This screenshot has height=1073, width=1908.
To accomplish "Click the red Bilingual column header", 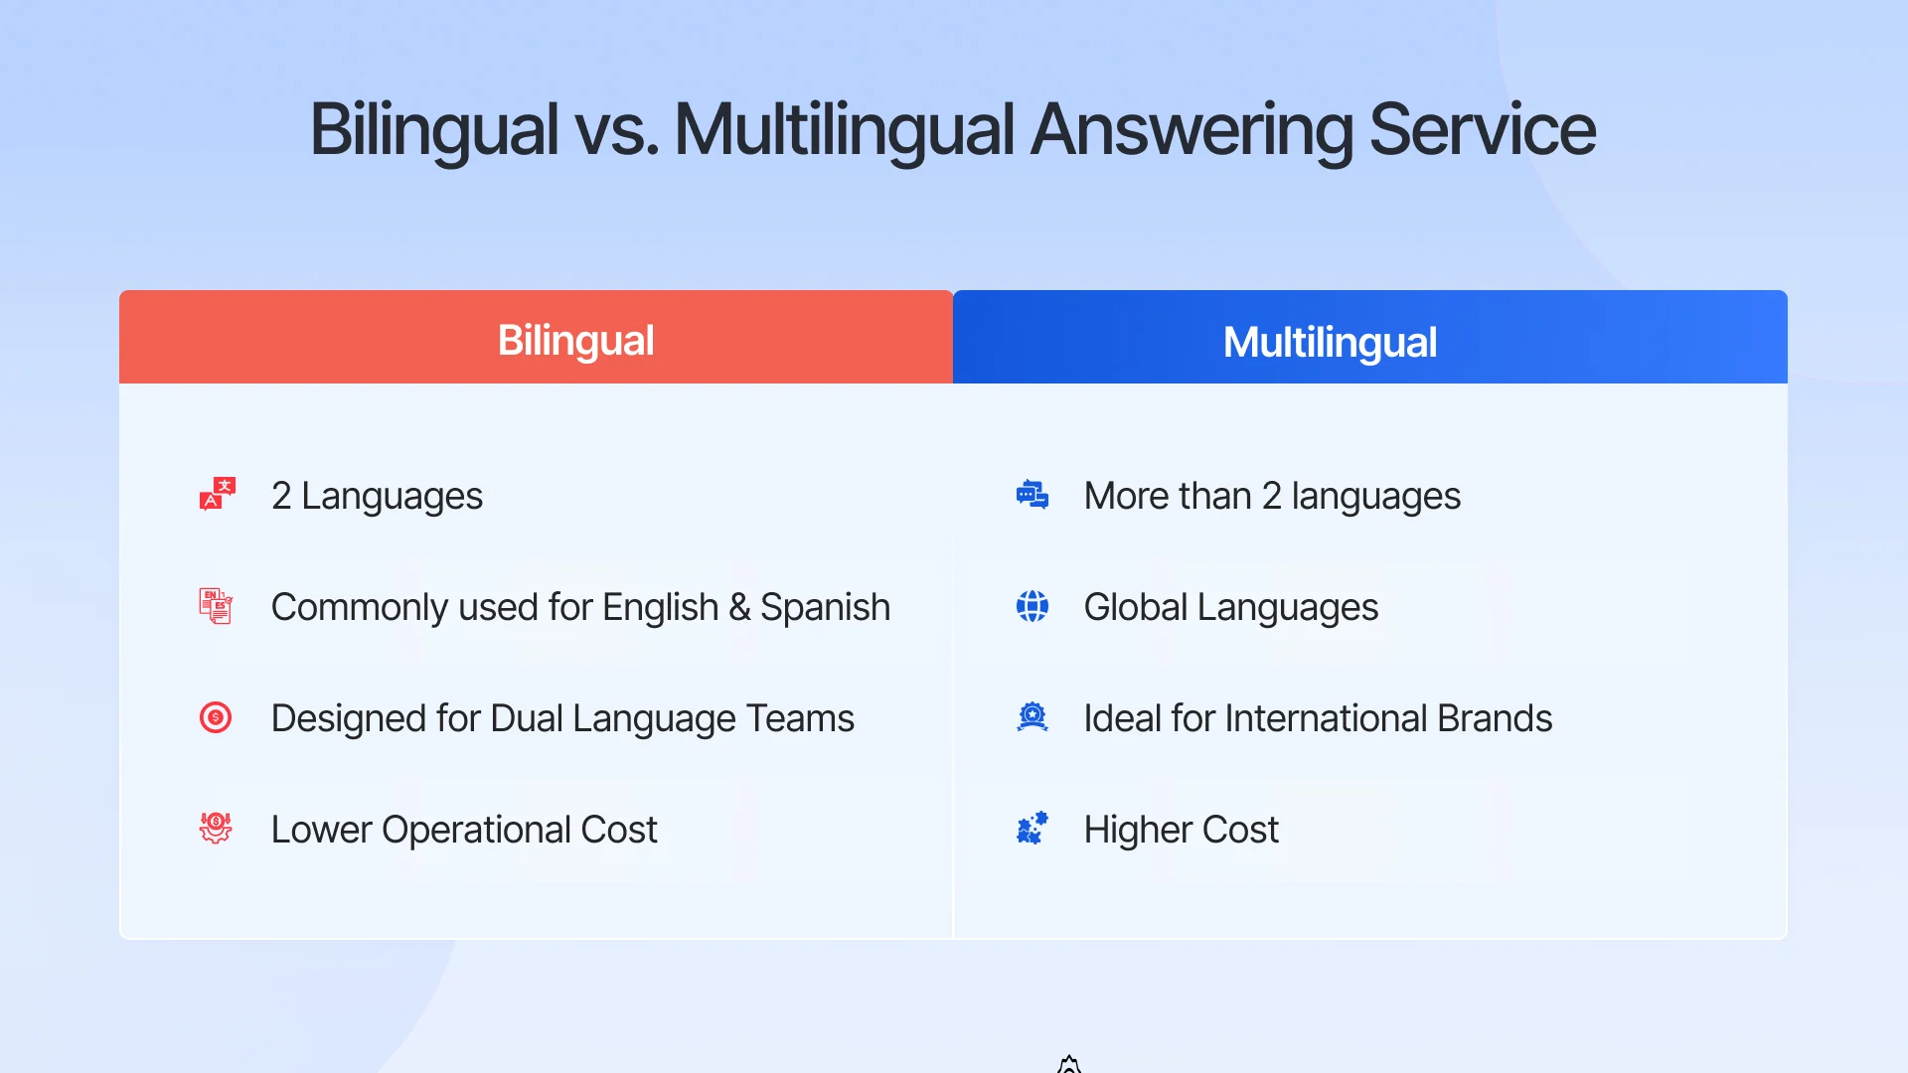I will pos(536,338).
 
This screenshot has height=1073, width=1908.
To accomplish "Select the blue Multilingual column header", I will pos(1369,338).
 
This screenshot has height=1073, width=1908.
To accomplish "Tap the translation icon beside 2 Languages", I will pos(217,494).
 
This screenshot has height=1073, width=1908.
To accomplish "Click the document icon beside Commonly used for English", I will pos(216,606).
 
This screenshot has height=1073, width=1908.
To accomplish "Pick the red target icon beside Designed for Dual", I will pos(216,717).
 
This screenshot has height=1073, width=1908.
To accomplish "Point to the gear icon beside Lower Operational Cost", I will pos(216,828).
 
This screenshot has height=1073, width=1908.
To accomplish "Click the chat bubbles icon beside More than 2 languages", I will pos(1033,494).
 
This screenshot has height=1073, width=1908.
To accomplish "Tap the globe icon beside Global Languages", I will pos(1033,606).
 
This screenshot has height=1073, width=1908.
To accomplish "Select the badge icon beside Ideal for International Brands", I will pos(1033,717).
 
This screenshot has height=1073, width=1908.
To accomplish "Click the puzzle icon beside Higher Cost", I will pos(1033,828).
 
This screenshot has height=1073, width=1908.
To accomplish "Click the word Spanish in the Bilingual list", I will pos(825,608).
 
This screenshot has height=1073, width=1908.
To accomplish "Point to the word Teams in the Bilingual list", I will pos(800,718).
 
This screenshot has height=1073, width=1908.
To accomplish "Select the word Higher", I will pos(1133,831).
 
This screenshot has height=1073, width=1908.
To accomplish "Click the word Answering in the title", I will pos(1192,131).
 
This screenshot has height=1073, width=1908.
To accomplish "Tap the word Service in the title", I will pos(1482,129).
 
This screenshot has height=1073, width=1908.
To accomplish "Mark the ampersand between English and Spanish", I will pos(739,608).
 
